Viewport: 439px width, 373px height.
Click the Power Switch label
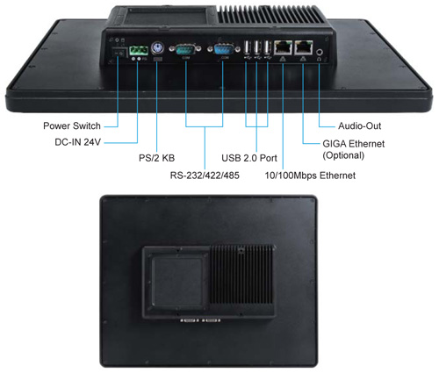pyautogui.click(x=72, y=126)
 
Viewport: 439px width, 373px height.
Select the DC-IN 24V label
pyautogui.click(x=77, y=142)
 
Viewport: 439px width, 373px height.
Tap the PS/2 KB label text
pyautogui.click(x=156, y=158)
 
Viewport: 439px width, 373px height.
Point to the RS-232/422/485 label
pyautogui.click(x=205, y=176)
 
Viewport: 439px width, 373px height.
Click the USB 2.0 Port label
pyautogui.click(x=249, y=158)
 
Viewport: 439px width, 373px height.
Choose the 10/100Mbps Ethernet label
pyautogui.click(x=310, y=176)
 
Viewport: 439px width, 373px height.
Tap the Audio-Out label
pyautogui.click(x=360, y=126)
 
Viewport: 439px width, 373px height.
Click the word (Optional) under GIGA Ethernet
pyautogui.click(x=343, y=155)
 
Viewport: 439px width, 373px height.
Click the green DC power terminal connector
pyautogui.click(x=138, y=50)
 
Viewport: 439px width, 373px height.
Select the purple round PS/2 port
pyautogui.click(x=157, y=47)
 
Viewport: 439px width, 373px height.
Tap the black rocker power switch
pyautogui.click(x=119, y=53)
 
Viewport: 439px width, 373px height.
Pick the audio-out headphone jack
pyautogui.click(x=320, y=52)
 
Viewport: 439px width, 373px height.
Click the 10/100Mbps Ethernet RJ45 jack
pyautogui.click(x=283, y=47)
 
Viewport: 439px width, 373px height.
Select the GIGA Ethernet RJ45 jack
pyautogui.click(x=304, y=47)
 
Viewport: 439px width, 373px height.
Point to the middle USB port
pyautogui.click(x=257, y=47)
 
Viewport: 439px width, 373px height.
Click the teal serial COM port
pyautogui.click(x=185, y=49)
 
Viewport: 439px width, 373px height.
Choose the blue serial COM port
pyautogui.click(x=223, y=49)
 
